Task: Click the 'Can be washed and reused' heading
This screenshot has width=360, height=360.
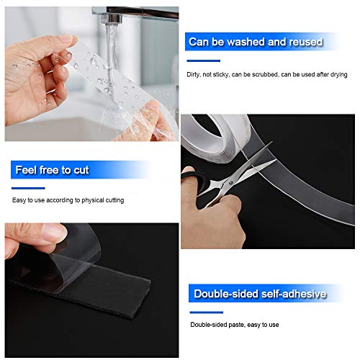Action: (x=255, y=42)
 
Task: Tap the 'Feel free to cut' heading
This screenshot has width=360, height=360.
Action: (x=51, y=171)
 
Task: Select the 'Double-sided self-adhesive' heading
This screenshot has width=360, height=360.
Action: (x=260, y=294)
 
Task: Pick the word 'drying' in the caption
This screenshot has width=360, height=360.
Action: (x=338, y=75)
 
